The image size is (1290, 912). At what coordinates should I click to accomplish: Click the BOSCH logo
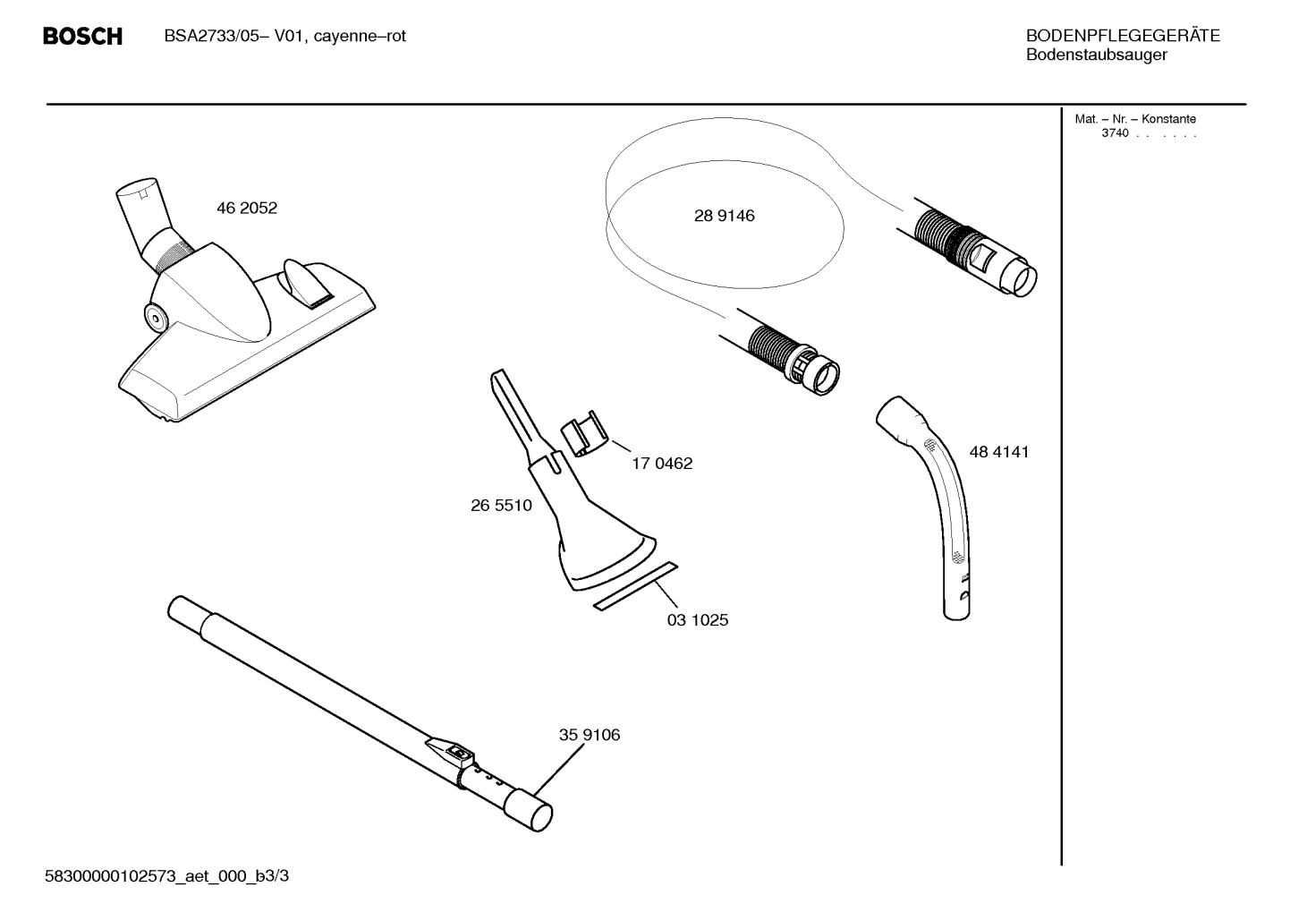click(x=82, y=37)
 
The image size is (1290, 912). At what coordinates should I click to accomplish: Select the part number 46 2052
click(x=247, y=208)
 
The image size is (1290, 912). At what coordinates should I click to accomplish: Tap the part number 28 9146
click(x=724, y=216)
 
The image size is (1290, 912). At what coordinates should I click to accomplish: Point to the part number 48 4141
click(x=998, y=452)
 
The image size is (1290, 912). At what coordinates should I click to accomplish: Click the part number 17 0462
click(x=662, y=464)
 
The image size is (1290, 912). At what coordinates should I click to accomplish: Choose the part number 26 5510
click(x=501, y=506)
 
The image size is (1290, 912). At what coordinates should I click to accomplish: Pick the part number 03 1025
click(x=698, y=620)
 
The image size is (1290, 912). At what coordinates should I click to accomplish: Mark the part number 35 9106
click(x=590, y=735)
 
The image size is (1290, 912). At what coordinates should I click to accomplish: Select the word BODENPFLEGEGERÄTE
click(x=1123, y=35)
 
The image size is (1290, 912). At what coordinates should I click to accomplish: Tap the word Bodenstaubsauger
click(x=1097, y=55)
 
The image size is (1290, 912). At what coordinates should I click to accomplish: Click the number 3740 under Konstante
click(x=1115, y=133)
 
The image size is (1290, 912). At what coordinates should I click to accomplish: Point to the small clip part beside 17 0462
click(x=584, y=433)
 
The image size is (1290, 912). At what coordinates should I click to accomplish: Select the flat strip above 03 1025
click(x=636, y=585)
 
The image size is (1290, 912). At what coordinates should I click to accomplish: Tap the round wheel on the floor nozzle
click(x=156, y=318)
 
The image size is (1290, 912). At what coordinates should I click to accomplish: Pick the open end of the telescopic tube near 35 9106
click(x=539, y=817)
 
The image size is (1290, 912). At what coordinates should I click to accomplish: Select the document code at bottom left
click(x=167, y=876)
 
